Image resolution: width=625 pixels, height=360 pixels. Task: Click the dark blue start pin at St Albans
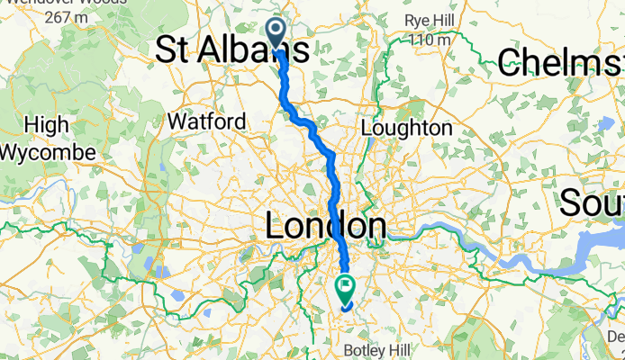tap(276, 31)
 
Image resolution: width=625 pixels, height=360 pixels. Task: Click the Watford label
tap(207, 121)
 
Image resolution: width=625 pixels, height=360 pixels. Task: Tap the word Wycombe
tap(48, 151)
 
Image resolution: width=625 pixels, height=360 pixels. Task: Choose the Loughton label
tap(407, 129)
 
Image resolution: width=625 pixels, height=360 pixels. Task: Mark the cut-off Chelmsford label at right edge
tap(560, 61)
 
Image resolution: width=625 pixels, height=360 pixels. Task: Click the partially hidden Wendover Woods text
tap(63, 3)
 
